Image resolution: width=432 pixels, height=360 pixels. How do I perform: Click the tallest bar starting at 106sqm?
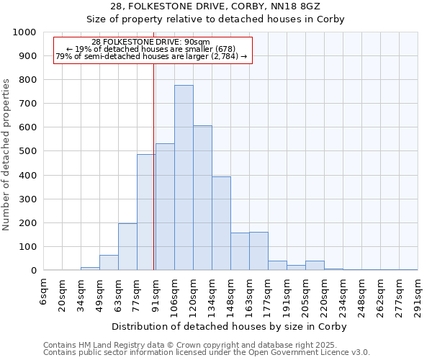click(x=184, y=178)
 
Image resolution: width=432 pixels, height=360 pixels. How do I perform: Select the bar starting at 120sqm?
click(x=202, y=198)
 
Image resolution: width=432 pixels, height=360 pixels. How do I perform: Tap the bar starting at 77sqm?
click(x=146, y=212)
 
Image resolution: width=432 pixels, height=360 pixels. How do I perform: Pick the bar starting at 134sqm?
click(x=221, y=223)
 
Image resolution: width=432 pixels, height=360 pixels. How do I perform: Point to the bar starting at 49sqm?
click(x=109, y=263)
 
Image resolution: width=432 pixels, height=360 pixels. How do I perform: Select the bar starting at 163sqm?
click(x=258, y=251)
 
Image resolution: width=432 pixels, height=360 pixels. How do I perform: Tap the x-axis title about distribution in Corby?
click(x=230, y=326)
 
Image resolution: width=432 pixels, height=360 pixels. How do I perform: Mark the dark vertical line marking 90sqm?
click(x=154, y=180)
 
